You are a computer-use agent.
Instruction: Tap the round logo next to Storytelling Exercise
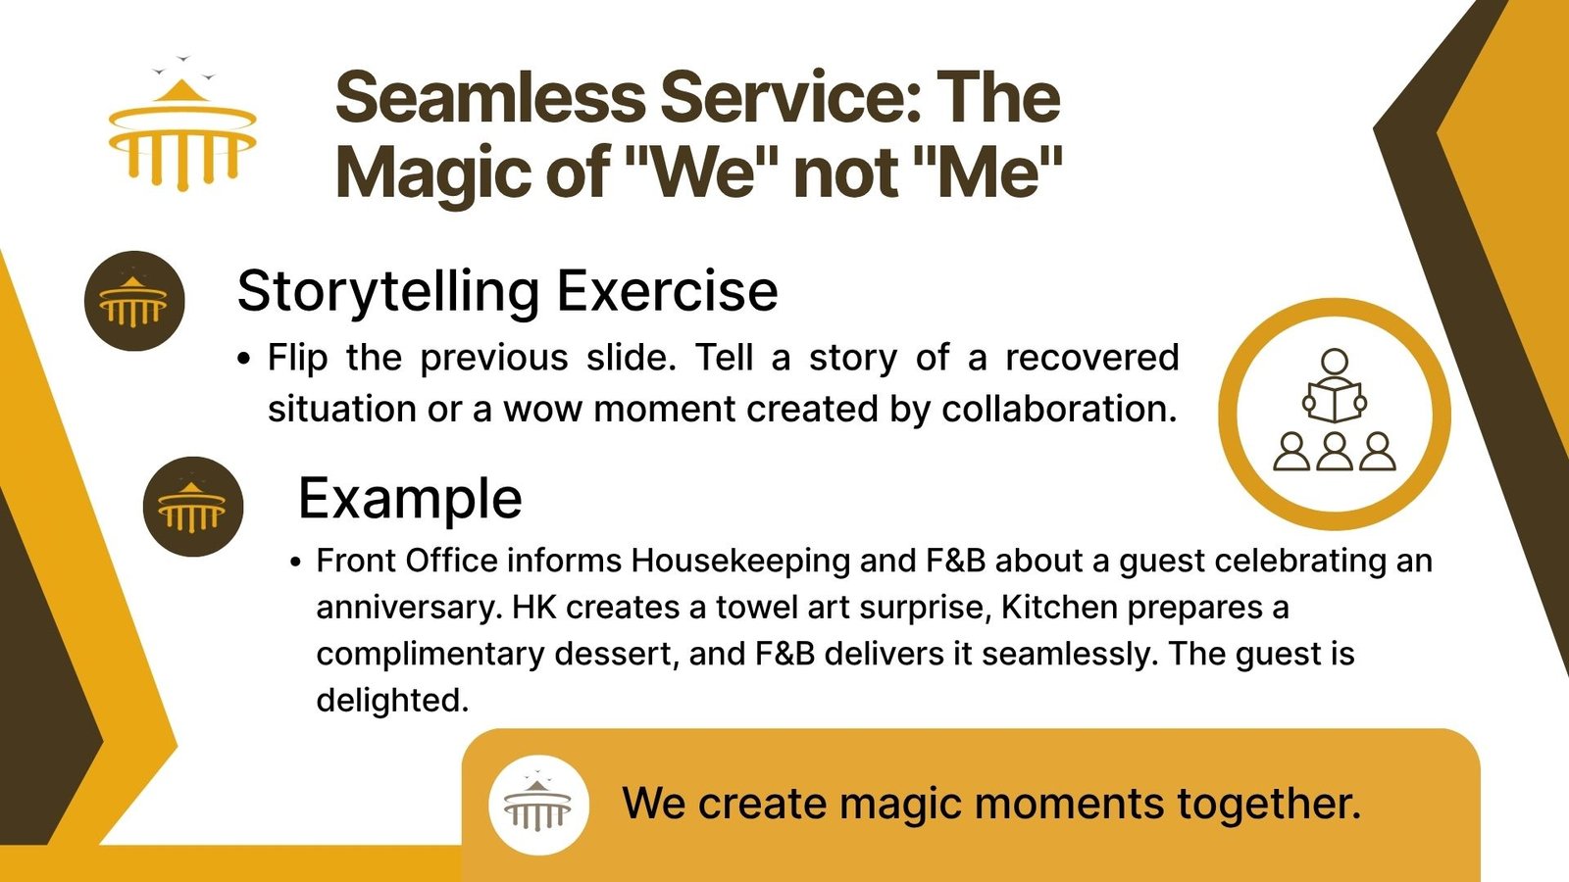coord(134,301)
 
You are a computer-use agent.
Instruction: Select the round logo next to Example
coord(193,507)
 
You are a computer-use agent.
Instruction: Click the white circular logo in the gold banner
coord(538,805)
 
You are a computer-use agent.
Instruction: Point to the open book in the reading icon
coord(1335,402)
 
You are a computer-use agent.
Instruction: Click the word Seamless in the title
coord(489,98)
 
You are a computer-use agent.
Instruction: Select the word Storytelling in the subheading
coord(388,292)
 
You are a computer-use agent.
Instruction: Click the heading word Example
coord(411,500)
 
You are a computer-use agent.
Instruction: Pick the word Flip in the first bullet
coord(298,359)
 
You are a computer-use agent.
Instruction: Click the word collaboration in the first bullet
coord(1058,410)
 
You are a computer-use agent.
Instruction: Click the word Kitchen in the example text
coord(1059,608)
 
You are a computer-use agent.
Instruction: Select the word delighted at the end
coord(392,700)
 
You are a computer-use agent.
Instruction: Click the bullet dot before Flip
coord(244,359)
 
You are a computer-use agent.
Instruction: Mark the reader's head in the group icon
coord(1335,362)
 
